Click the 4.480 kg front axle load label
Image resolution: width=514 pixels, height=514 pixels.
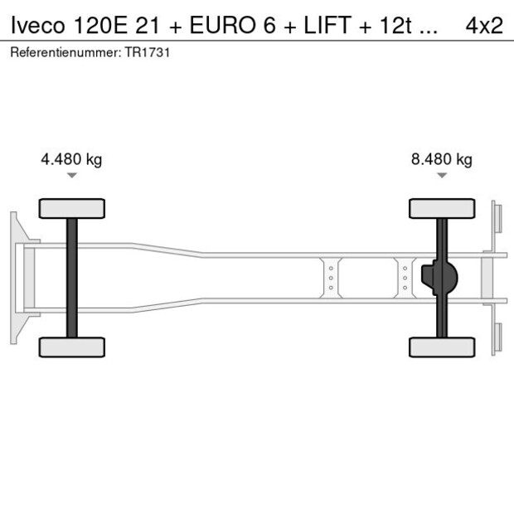[71, 159]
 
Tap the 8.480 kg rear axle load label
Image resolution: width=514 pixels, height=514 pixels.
[442, 159]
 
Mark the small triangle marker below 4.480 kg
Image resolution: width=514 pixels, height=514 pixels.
[72, 175]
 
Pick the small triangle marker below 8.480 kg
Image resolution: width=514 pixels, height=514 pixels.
[442, 175]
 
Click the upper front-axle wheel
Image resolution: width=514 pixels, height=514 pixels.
[72, 208]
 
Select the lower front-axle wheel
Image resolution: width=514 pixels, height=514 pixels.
[72, 347]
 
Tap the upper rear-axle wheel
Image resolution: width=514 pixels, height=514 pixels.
[442, 208]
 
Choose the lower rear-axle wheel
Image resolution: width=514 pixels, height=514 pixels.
[442, 347]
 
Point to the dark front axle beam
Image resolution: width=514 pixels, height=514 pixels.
[72, 278]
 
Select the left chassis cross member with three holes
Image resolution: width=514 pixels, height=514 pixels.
[331, 278]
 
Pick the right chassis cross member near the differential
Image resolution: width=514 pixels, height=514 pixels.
[405, 278]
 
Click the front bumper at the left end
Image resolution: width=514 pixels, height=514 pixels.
[14, 278]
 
